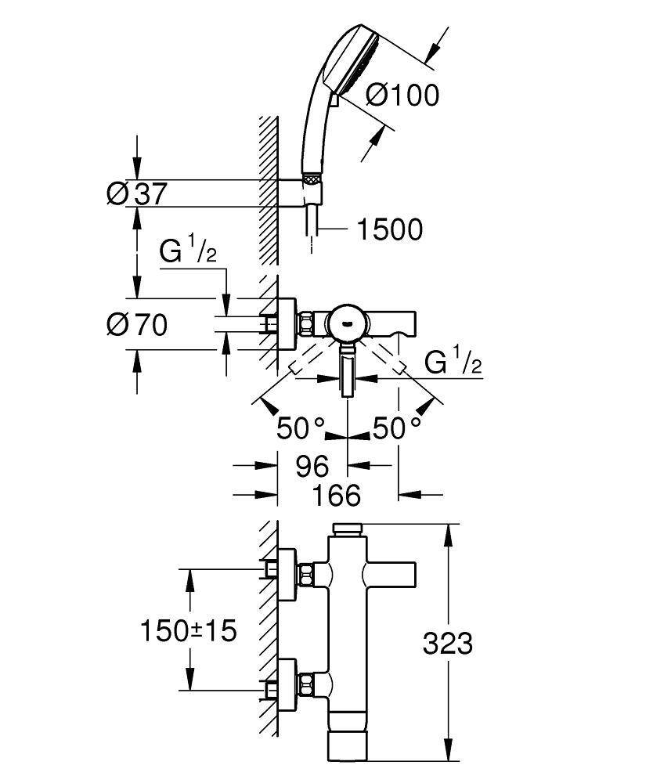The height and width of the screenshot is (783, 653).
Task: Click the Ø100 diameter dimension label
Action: [x=402, y=96]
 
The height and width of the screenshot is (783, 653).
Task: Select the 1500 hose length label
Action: [x=389, y=229]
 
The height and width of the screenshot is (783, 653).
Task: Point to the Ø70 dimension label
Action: [x=137, y=323]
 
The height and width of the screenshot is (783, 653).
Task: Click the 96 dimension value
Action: [x=311, y=467]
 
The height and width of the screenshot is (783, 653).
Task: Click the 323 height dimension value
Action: [x=447, y=644]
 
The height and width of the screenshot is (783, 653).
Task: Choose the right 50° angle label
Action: [x=396, y=428]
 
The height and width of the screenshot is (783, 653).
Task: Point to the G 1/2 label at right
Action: [x=453, y=363]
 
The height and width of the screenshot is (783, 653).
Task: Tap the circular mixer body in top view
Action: [x=347, y=323]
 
